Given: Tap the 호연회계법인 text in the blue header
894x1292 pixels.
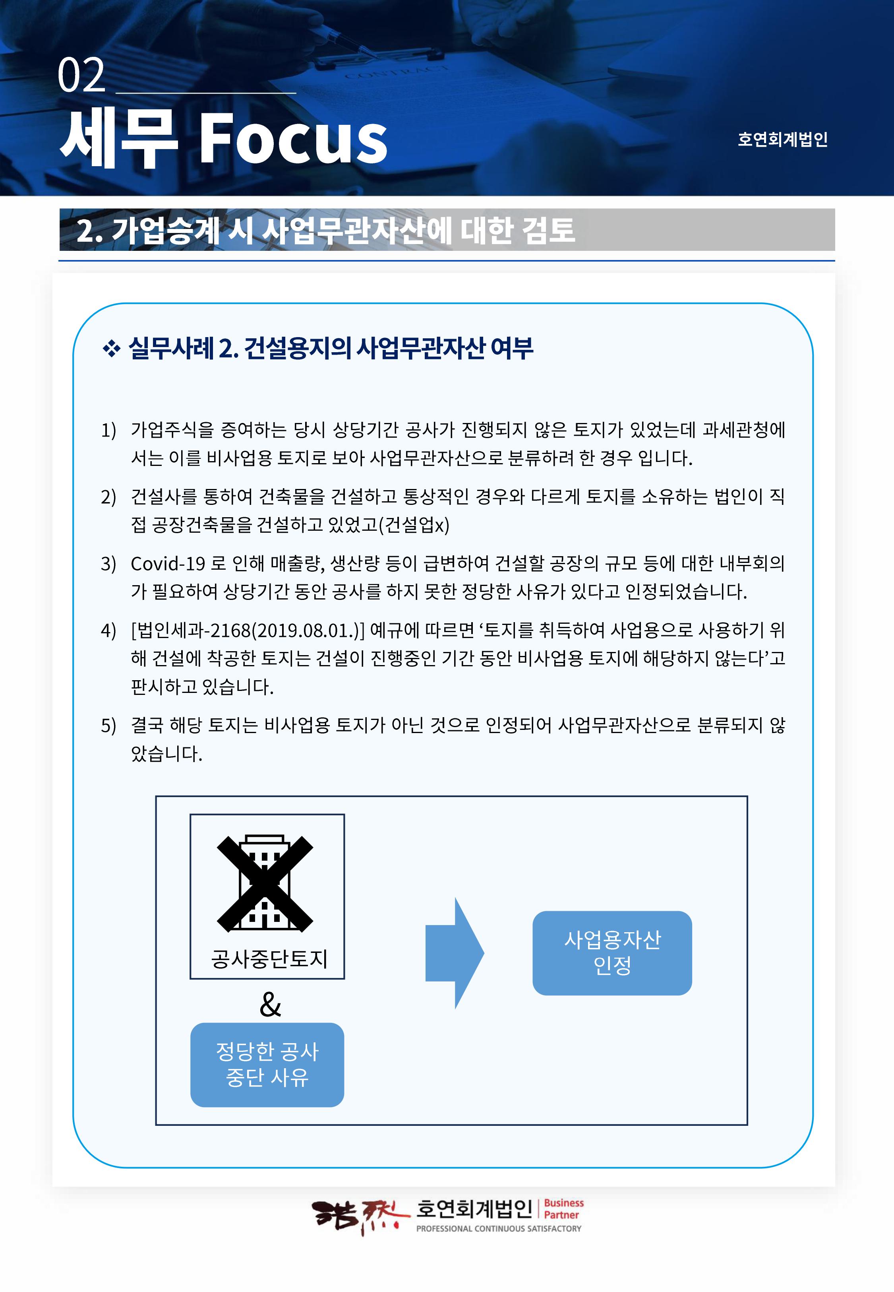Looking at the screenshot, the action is pos(782,139).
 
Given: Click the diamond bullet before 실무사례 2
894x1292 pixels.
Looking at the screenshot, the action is pos(112,349).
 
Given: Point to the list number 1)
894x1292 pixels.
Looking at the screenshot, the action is pos(108,430).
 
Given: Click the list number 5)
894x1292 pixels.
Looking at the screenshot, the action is pos(108,726).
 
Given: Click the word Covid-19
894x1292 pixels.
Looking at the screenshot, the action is pos(168,563).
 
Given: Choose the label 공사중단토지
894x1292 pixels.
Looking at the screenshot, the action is pos(269,958).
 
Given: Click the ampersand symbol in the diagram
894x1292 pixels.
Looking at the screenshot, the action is pos(270,1005).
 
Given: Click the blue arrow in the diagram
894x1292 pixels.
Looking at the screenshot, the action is pos(454,953).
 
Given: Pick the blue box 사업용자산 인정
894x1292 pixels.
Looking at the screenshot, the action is pos(612,953).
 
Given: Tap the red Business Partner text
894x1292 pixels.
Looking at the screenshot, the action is pos(563,1209).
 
